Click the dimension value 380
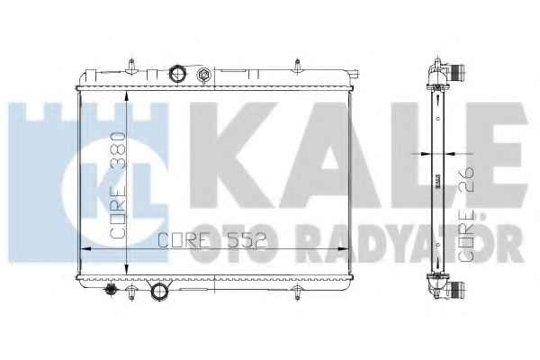(x=117, y=148)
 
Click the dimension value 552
(x=247, y=240)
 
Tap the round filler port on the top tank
(x=177, y=74)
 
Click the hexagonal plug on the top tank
(x=202, y=75)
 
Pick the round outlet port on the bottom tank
(x=159, y=291)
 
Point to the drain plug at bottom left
(x=111, y=290)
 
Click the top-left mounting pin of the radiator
(x=131, y=66)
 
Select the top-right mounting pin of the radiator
(x=298, y=67)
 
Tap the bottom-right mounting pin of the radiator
(x=298, y=292)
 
